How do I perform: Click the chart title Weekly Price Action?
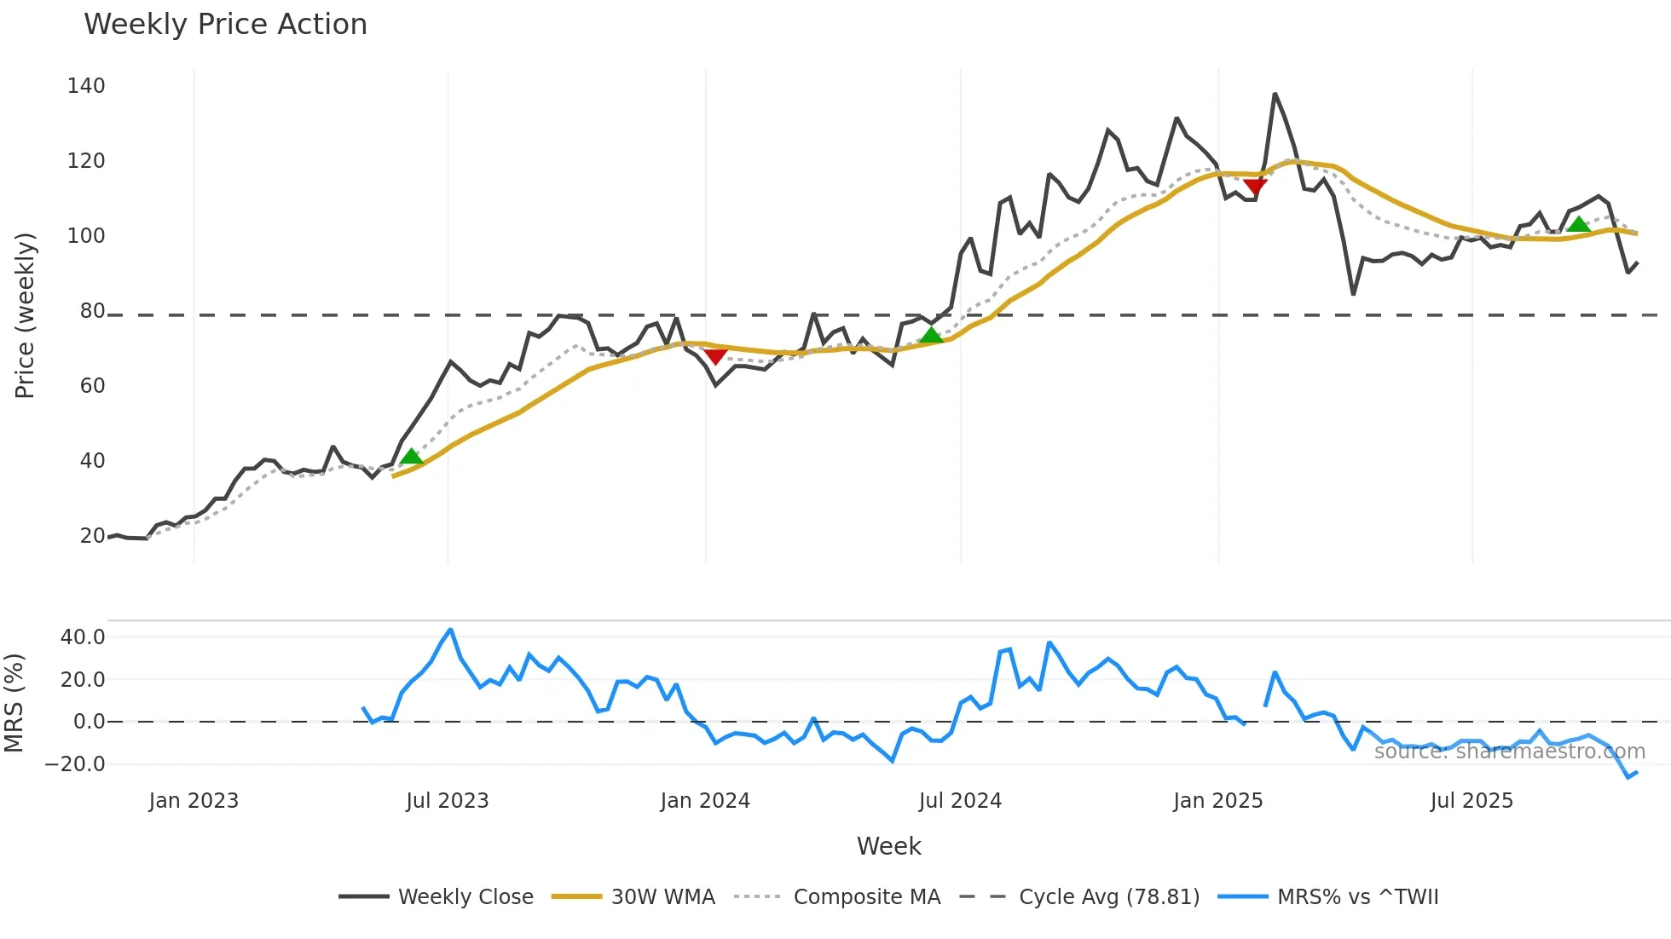point(225,25)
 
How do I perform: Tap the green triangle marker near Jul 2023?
point(411,458)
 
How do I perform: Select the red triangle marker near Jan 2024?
point(715,355)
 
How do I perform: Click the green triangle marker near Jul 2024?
point(932,336)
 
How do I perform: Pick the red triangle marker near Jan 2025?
point(1255,187)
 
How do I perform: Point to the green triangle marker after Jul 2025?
point(1578,225)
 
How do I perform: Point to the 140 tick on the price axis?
point(86,86)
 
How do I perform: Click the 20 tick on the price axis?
point(92,536)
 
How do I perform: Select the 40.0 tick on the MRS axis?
point(83,637)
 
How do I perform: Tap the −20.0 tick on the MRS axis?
point(75,764)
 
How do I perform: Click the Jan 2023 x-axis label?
point(194,801)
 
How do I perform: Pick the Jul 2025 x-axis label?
point(1472,801)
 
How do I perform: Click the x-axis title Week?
point(888,846)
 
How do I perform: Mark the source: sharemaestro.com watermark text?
point(1509,752)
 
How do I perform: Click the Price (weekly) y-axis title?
point(25,315)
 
